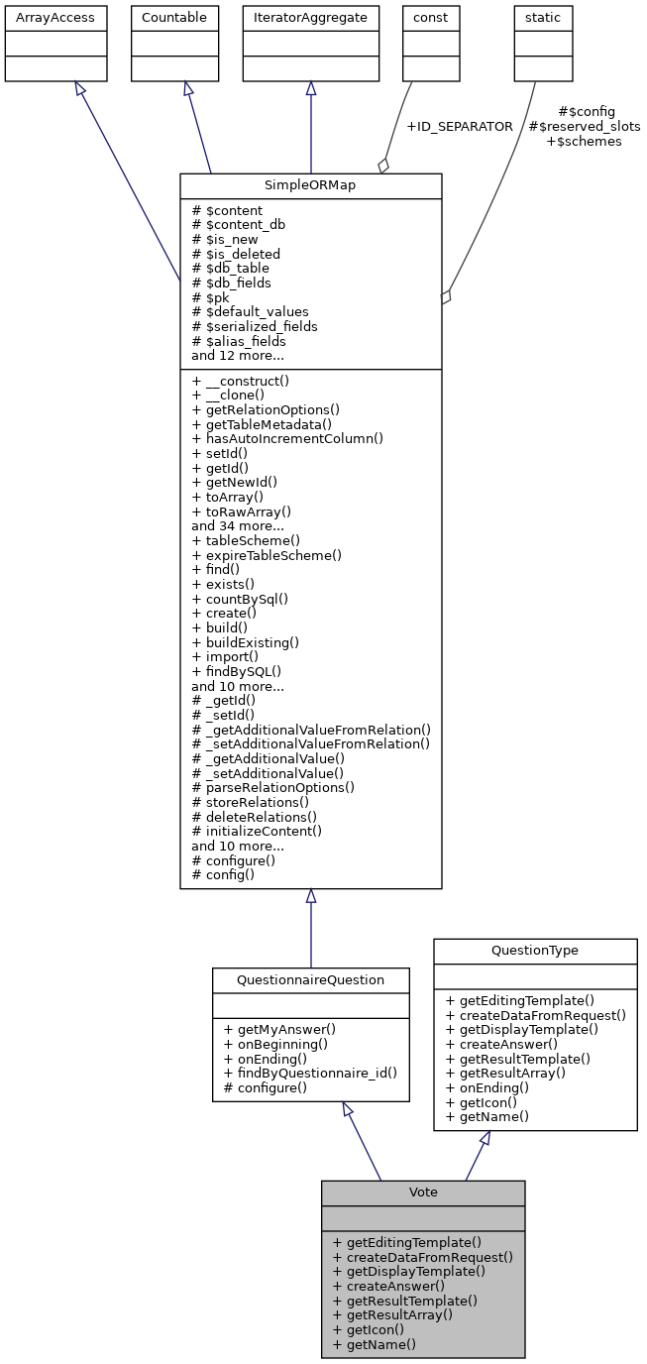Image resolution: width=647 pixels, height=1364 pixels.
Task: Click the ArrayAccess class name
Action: (42, 18)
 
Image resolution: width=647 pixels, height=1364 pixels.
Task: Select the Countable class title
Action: (174, 18)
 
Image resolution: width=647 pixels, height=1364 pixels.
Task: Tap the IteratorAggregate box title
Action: (310, 18)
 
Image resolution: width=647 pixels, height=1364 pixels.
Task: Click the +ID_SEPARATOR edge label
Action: (459, 127)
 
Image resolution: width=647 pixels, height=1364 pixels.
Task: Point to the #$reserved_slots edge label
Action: (584, 127)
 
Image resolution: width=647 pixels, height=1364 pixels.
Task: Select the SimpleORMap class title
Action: (310, 185)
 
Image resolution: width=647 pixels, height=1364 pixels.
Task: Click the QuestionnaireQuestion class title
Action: (310, 979)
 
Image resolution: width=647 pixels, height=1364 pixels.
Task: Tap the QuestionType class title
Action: (535, 950)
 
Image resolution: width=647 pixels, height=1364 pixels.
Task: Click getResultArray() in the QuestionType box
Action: (505, 1073)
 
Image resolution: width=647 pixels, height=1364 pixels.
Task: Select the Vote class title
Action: (423, 1192)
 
